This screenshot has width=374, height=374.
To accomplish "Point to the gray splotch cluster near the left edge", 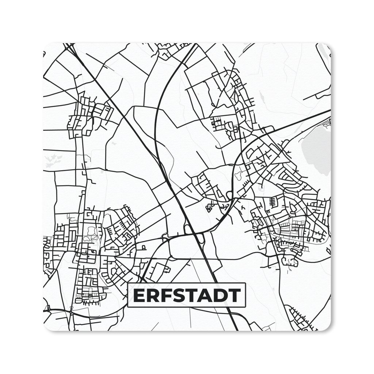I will point(53,160).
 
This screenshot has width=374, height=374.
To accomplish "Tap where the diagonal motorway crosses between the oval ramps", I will point(194,232).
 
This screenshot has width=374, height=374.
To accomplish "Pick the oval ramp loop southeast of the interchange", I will point(201,238).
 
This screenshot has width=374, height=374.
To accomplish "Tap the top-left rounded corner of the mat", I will point(46,46).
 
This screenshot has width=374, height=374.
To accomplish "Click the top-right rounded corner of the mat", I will point(328,46).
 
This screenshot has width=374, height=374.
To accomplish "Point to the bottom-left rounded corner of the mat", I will point(46,328).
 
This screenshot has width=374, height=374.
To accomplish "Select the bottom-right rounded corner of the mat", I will point(328,328).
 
